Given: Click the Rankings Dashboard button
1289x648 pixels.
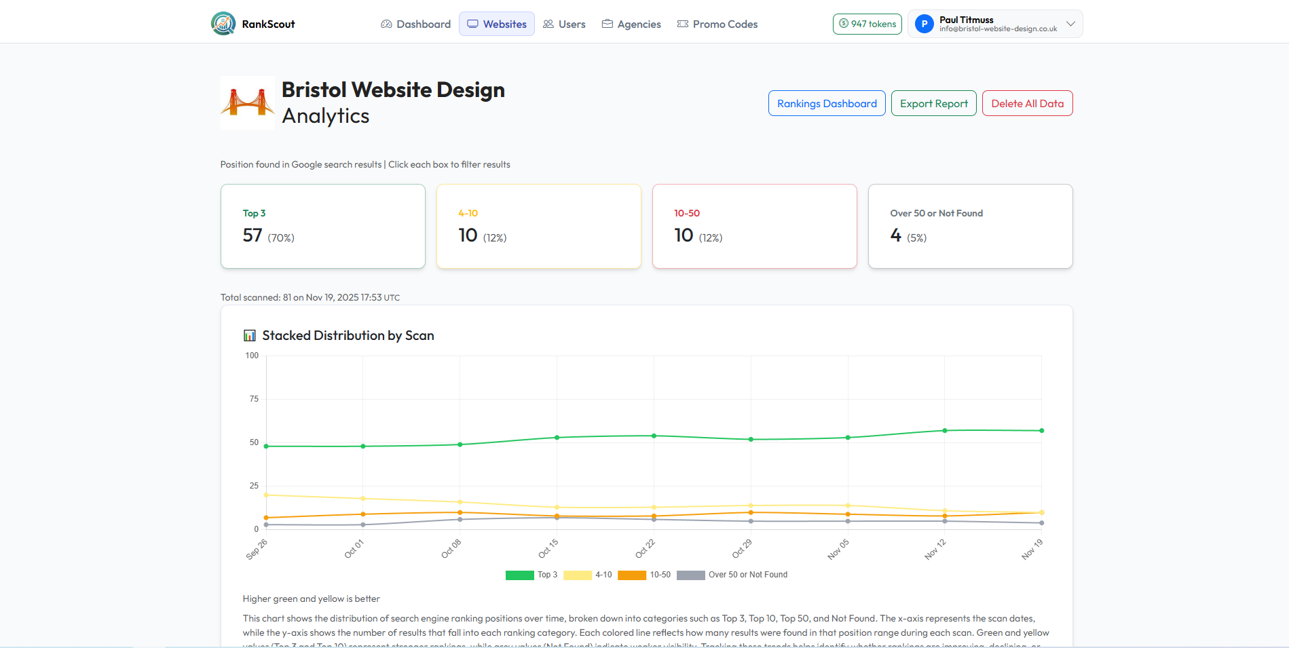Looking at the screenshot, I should click(x=826, y=103).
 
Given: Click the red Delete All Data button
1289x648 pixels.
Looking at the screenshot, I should click(x=1027, y=103).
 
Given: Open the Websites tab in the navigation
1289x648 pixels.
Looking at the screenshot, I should click(x=497, y=24).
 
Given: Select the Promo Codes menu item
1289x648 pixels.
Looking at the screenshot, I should click(x=717, y=24).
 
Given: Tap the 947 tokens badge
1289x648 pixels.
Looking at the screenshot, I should click(x=867, y=24).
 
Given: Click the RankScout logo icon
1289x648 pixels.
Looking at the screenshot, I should click(x=223, y=24).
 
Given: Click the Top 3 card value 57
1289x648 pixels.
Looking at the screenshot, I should click(x=253, y=235).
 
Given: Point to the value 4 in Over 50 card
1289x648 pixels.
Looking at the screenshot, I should click(x=895, y=235).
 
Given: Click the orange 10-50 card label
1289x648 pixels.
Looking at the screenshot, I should click(x=686, y=213).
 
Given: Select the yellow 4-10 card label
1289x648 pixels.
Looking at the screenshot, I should click(x=468, y=213).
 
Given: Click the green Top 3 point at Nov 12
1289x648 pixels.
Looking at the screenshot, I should click(x=945, y=430).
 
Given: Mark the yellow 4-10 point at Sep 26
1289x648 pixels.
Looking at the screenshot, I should click(x=266, y=495).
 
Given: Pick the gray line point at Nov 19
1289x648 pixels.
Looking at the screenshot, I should click(x=1042, y=522).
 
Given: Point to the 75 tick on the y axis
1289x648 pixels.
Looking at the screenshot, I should click(x=254, y=399).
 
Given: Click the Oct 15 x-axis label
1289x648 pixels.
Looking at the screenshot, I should click(x=548, y=548).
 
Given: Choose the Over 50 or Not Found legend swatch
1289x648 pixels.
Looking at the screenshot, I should click(x=690, y=575).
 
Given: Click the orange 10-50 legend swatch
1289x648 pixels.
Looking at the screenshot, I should click(x=631, y=575).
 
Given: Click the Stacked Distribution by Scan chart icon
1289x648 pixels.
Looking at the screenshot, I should click(x=250, y=336).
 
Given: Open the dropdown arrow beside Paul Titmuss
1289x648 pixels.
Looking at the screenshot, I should click(x=1070, y=24).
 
